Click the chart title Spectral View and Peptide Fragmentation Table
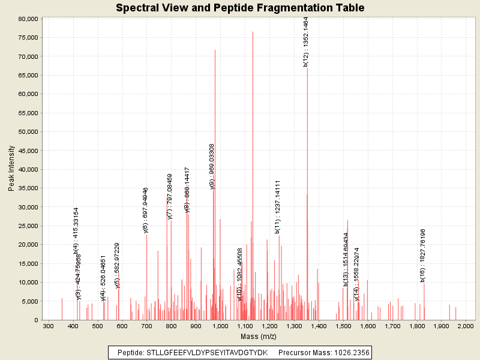coord(240,8)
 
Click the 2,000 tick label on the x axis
coord(466,325)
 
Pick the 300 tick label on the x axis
coord(49,325)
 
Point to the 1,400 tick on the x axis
coord(319,325)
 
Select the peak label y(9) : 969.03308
coord(212,166)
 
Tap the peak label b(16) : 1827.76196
coord(423,255)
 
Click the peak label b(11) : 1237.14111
coord(278,206)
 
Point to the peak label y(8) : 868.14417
coord(187,190)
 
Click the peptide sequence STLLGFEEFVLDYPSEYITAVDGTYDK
coord(207,352)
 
